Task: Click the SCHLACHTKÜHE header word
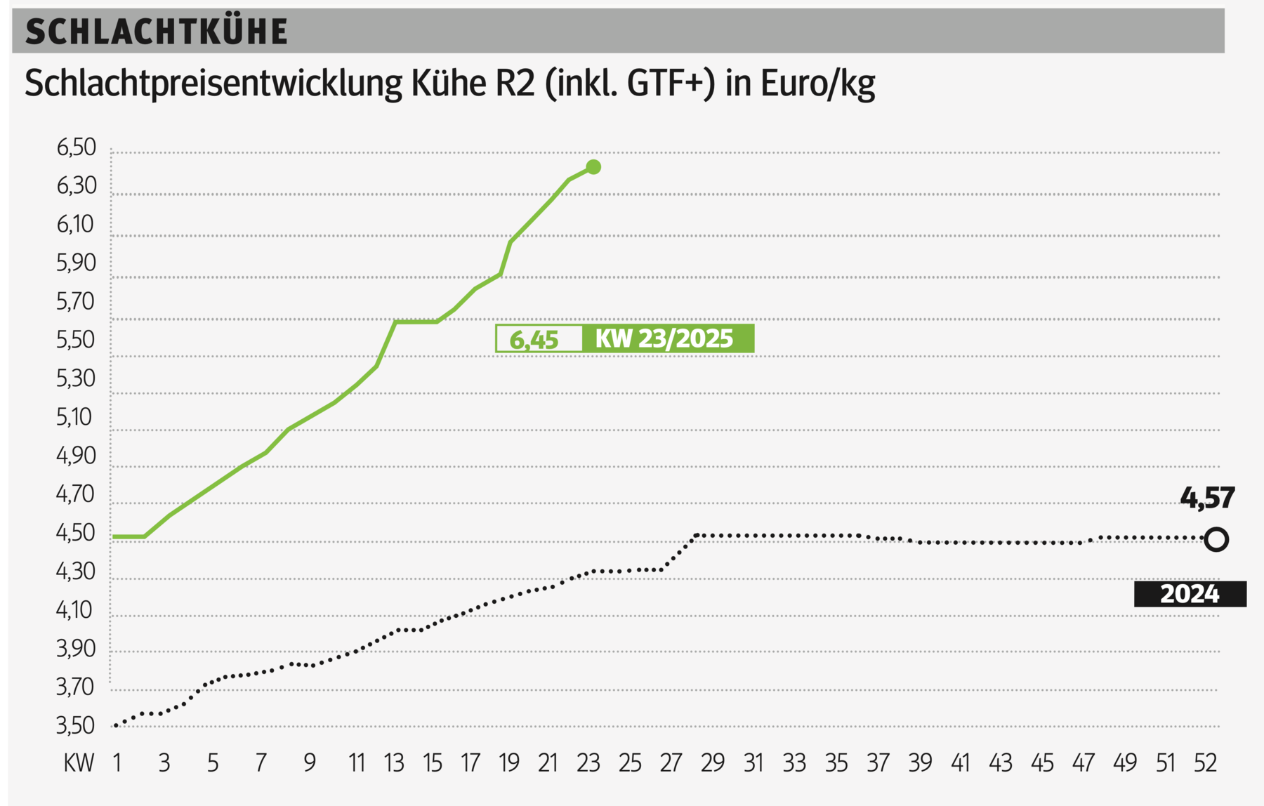(156, 32)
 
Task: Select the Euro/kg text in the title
(817, 84)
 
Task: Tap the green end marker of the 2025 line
(593, 167)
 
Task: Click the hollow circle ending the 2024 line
(1216, 540)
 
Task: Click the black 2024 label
(1190, 594)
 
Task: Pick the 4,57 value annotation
(1206, 498)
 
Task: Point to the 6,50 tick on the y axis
(76, 148)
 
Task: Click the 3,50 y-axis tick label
(76, 725)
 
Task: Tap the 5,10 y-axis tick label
(76, 417)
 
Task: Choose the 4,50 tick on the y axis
(76, 533)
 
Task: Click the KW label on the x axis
(79, 763)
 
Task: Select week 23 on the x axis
(588, 763)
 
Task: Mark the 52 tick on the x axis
(1205, 763)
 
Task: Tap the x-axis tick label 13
(394, 763)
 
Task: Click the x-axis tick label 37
(878, 763)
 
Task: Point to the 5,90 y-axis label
(76, 263)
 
